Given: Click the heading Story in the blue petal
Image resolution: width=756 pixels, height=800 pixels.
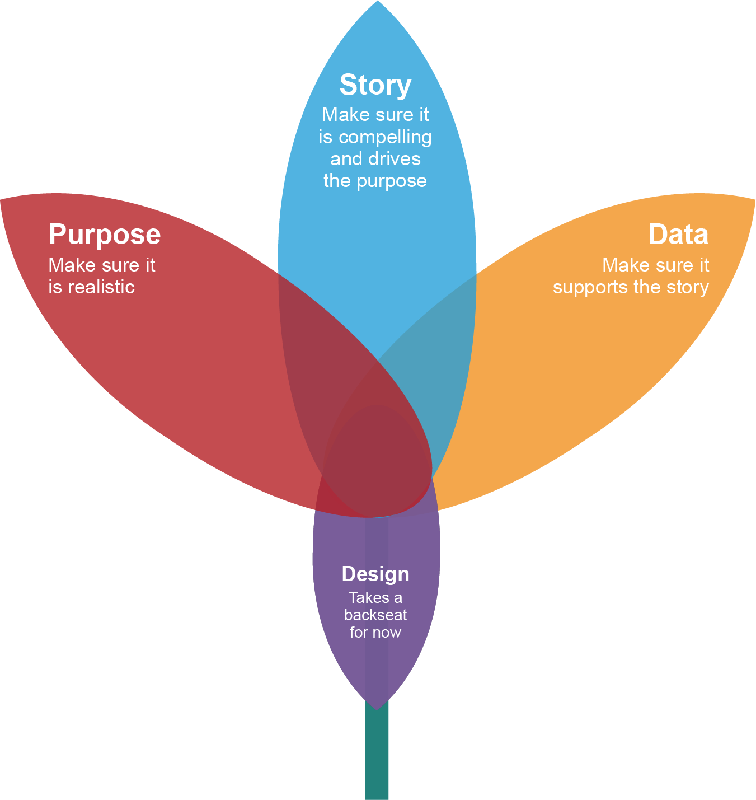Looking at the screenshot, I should point(375,86).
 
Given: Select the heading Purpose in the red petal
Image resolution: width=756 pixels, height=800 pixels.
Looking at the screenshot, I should point(105,235).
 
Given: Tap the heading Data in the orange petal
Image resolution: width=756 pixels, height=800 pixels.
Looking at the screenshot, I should point(678,235).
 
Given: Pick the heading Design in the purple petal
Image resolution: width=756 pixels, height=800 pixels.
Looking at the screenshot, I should point(375,574).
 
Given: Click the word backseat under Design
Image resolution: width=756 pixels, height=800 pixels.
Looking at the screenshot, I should point(375,615).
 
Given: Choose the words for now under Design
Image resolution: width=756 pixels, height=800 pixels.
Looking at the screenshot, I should point(375,633).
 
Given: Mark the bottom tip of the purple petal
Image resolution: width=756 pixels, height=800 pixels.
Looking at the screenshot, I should point(377,707).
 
